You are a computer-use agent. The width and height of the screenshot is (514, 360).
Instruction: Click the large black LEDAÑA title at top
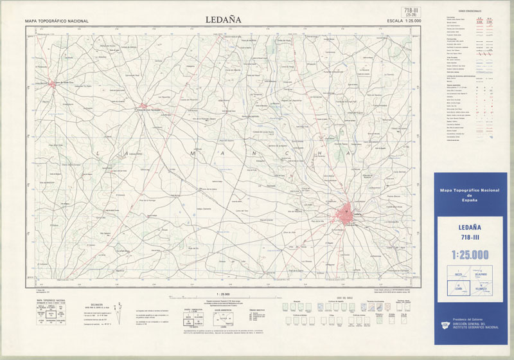click(223, 19)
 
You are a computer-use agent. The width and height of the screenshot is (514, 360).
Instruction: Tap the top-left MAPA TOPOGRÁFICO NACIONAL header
click(57, 21)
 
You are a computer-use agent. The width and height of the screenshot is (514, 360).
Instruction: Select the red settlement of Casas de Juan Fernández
click(143, 106)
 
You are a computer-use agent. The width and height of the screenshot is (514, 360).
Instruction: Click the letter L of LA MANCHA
click(99, 154)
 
